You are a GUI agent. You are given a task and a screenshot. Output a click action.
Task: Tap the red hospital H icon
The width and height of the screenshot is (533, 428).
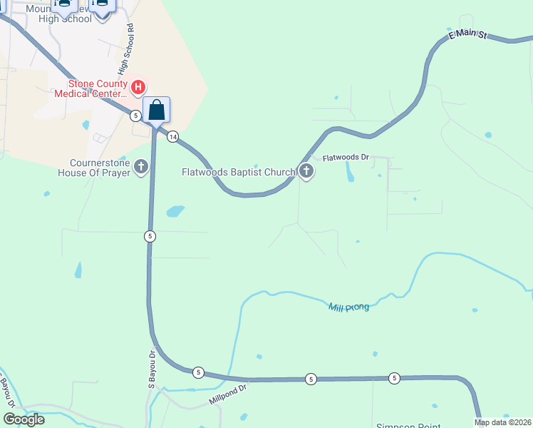click(x=139, y=88)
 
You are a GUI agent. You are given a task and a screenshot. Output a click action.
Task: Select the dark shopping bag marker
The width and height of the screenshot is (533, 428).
click(x=157, y=111)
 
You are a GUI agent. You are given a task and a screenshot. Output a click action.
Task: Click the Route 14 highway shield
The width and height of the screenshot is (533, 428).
click(x=172, y=137)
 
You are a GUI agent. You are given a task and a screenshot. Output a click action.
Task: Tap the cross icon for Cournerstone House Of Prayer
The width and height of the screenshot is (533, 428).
click(x=141, y=167)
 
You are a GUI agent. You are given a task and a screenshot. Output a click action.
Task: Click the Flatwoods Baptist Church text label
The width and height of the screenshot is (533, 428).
click(x=238, y=172)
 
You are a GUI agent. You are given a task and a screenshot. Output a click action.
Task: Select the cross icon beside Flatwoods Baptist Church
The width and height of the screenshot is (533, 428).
click(x=306, y=171)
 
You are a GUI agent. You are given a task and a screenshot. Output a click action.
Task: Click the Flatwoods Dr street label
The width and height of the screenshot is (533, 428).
click(x=345, y=158)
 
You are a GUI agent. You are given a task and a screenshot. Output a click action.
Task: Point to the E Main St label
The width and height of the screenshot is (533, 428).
click(x=467, y=34)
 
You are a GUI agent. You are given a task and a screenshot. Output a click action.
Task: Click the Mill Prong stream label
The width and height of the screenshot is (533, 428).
click(x=348, y=307)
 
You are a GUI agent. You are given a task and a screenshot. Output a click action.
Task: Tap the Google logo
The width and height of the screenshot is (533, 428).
click(x=23, y=419)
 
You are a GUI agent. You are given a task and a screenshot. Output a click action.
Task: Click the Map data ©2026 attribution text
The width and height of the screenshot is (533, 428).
click(x=502, y=422)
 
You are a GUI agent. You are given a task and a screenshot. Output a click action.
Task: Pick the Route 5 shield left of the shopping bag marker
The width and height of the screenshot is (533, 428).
click(x=135, y=116)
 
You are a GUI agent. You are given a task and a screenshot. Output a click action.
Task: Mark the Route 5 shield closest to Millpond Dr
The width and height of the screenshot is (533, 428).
click(x=198, y=372)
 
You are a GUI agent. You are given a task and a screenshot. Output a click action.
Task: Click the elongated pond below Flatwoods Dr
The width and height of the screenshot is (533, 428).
click(x=348, y=170)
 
